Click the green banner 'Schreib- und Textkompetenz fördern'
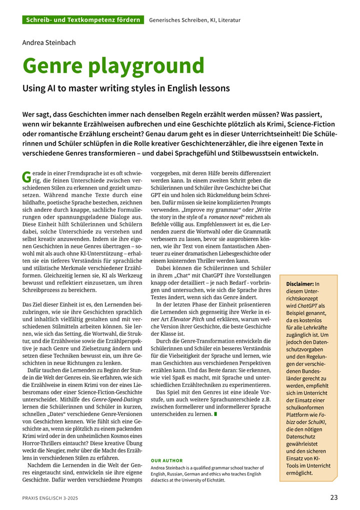tap(83, 20)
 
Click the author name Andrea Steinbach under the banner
tap(49, 43)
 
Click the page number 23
tap(334, 497)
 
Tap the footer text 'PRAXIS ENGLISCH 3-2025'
tap(50, 498)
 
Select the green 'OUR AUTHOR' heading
tap(166, 460)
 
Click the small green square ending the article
tap(215, 414)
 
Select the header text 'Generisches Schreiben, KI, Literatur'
tap(194, 20)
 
